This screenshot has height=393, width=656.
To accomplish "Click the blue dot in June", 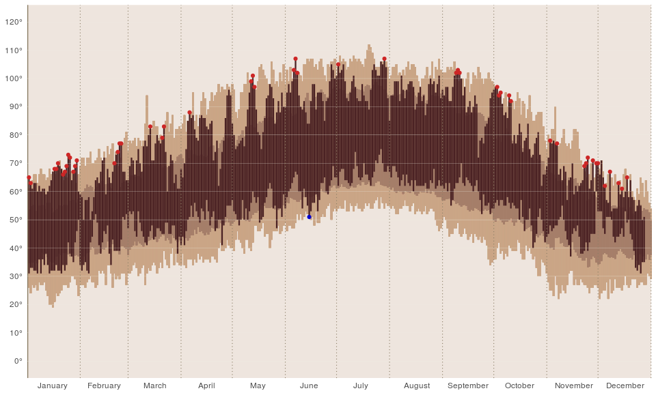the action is click(309, 217).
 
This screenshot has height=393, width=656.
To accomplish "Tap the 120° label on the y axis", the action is click(14, 22).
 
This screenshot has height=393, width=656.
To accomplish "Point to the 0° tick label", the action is click(18, 361).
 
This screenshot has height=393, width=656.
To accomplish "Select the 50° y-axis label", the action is click(16, 220).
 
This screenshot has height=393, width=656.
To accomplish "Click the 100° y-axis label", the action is click(14, 78).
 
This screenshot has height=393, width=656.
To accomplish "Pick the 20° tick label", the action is click(16, 304).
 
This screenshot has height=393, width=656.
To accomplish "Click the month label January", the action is click(53, 385).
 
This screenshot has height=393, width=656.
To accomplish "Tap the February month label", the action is click(104, 385).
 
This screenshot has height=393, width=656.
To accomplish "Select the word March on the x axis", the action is click(155, 385).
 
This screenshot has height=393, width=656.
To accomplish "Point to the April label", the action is click(206, 385).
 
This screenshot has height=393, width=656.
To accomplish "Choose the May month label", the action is click(258, 385).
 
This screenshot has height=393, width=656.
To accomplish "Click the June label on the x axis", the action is click(309, 385).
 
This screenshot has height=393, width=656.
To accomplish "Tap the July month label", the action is click(361, 385).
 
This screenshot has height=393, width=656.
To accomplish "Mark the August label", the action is click(417, 385).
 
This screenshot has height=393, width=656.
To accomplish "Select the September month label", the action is click(467, 385).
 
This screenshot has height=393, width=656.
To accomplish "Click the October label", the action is click(519, 385).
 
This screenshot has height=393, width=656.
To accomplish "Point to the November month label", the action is click(573, 385).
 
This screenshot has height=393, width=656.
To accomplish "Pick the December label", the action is click(625, 385).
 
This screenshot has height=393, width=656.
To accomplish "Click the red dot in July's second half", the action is click(385, 59).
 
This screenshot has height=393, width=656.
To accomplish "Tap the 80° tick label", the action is click(16, 135).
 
